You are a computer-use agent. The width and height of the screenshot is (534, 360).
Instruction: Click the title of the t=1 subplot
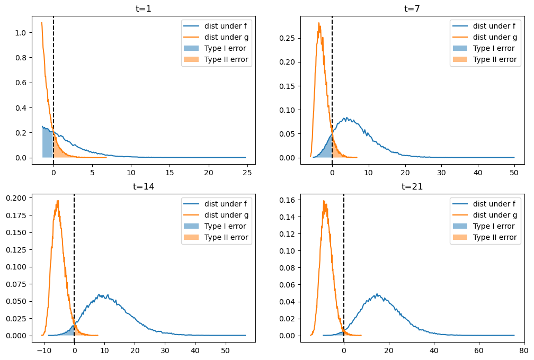(x=144, y=8)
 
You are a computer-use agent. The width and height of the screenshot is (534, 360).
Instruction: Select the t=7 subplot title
(x=412, y=8)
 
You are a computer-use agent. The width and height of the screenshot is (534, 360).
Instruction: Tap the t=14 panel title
(x=144, y=186)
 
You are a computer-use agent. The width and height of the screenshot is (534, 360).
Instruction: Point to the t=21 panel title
(x=412, y=186)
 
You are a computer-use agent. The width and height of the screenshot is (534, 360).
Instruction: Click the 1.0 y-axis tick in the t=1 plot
(x=21, y=33)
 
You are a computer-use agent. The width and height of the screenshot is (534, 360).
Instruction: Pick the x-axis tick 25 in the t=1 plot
(x=247, y=173)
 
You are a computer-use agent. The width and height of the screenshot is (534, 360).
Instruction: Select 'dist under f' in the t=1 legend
(x=226, y=26)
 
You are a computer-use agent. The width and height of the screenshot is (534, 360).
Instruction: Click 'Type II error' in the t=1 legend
(x=226, y=59)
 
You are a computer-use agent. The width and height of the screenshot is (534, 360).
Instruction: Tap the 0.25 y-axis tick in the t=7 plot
(x=287, y=38)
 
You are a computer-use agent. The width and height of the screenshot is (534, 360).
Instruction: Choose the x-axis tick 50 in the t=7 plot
(x=514, y=173)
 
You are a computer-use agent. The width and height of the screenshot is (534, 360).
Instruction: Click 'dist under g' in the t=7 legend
(x=495, y=37)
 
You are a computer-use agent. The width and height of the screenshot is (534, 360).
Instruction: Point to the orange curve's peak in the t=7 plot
(x=319, y=23)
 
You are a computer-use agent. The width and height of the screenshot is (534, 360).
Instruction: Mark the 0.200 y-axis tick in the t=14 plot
(x=16, y=198)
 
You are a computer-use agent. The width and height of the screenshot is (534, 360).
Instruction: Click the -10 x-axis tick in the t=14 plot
(x=44, y=350)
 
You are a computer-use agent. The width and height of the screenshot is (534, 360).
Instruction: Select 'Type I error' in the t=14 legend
(x=225, y=226)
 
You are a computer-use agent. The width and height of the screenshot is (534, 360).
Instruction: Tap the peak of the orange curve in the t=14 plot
(x=58, y=201)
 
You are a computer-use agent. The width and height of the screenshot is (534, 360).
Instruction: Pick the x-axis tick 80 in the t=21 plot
(x=524, y=350)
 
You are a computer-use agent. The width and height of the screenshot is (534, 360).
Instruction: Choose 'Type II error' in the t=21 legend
(x=495, y=237)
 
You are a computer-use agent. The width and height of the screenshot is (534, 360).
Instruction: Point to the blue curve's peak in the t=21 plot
(x=377, y=294)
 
